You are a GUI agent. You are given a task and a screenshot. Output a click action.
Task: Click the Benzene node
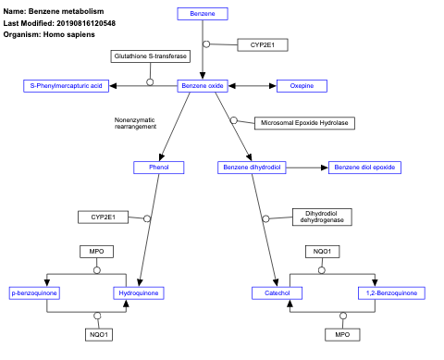[x=202, y=14]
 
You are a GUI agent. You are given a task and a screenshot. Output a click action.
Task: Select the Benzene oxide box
[x=202, y=86]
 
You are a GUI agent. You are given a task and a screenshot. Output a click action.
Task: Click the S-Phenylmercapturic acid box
[x=67, y=86]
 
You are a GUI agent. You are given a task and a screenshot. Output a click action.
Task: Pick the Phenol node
[x=158, y=168]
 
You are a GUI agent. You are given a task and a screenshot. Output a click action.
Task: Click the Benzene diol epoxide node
[x=364, y=168]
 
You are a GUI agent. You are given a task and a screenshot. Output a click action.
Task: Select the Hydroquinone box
[x=138, y=293]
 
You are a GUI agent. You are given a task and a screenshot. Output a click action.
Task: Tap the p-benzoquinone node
[x=34, y=293]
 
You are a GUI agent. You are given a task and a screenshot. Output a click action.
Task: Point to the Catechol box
[x=277, y=293]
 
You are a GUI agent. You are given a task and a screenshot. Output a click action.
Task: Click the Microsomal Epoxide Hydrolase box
[x=303, y=122]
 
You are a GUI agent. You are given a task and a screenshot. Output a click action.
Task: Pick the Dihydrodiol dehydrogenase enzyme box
[x=324, y=217]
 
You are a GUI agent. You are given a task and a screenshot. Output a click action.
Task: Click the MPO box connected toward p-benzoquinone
[x=96, y=252]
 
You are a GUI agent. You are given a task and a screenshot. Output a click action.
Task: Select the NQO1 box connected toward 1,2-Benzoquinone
[x=322, y=252]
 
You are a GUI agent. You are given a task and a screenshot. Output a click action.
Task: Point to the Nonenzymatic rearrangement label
[x=135, y=123]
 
